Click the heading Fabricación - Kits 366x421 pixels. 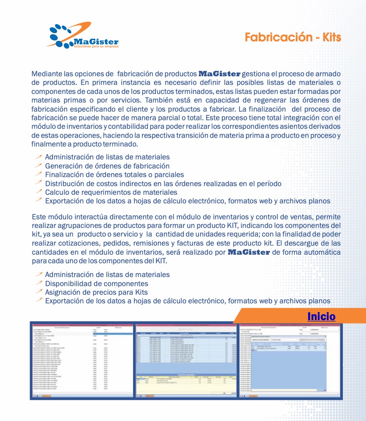(293, 37)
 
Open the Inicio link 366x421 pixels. (321, 317)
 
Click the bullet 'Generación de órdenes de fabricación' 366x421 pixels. (107, 166)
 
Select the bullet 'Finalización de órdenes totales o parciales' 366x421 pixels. (114, 175)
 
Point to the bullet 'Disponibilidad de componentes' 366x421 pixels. (96, 284)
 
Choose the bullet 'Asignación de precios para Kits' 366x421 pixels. (96, 292)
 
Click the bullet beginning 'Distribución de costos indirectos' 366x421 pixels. (163, 184)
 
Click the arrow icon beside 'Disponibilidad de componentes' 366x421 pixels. (39, 283)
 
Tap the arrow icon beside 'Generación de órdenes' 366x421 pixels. (39, 165)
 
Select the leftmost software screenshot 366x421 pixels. (82, 360)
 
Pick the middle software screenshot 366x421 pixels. (186, 360)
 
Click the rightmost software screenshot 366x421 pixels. (290, 360)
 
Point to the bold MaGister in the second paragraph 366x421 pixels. (248, 252)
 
